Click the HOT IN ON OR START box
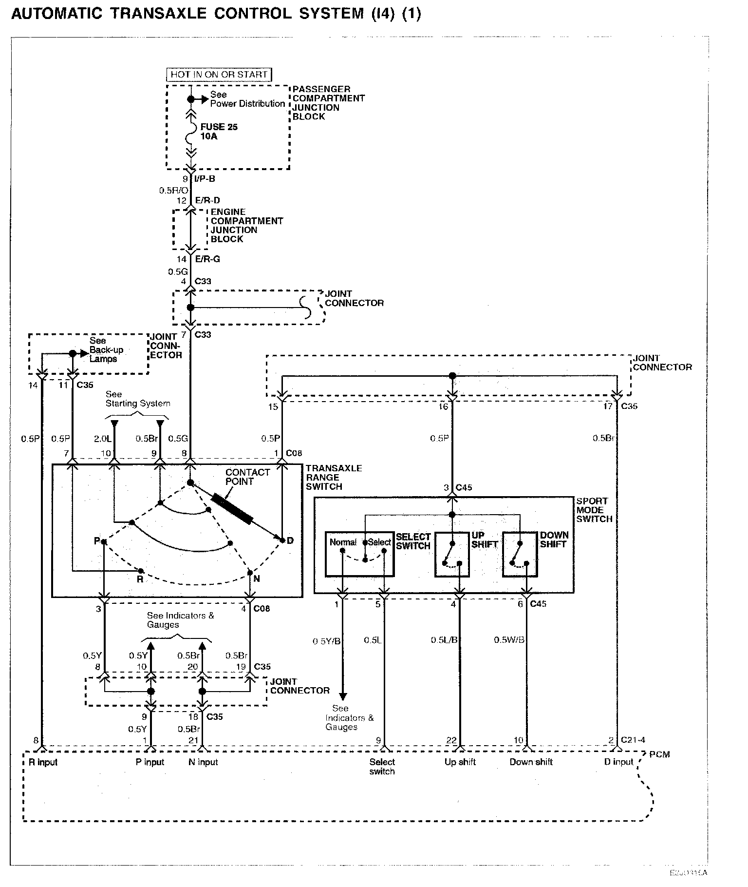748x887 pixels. click(x=219, y=75)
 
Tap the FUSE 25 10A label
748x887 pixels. click(x=219, y=132)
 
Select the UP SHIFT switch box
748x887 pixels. click(x=452, y=555)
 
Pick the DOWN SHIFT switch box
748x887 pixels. click(x=520, y=555)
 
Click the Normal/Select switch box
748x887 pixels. click(x=360, y=554)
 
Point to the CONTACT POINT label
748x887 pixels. click(x=247, y=477)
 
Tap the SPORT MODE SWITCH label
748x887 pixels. click(x=594, y=510)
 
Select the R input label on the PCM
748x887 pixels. click(x=43, y=762)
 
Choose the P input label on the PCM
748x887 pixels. click(x=150, y=762)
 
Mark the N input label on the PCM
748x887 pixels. click(x=203, y=762)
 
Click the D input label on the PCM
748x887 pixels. click(x=618, y=762)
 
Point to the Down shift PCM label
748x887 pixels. click(x=531, y=762)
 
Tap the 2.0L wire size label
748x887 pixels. click(x=102, y=439)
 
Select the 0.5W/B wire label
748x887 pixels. click(x=509, y=640)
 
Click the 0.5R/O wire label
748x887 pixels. click(x=173, y=191)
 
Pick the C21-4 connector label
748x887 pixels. click(x=633, y=740)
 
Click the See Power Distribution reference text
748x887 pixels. click(x=247, y=99)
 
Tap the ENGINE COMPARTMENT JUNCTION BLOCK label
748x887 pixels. click(x=246, y=225)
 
